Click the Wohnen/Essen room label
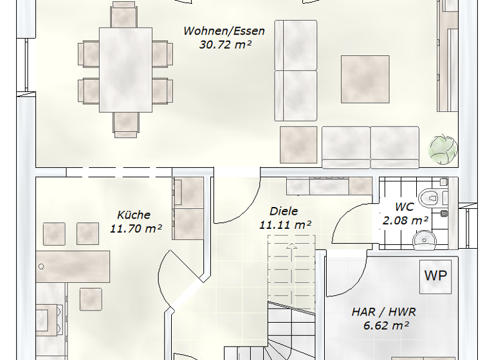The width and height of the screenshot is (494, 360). (224, 30)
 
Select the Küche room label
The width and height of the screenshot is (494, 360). (134, 215)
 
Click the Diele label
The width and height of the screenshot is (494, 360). (284, 211)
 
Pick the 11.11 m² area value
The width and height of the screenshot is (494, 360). (285, 224)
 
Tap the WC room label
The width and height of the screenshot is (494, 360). (405, 207)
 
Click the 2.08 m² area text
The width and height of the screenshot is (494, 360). (405, 221)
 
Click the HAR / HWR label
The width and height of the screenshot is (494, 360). (383, 312)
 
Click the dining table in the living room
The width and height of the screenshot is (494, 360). (125, 69)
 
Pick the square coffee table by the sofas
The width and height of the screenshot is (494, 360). (365, 79)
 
